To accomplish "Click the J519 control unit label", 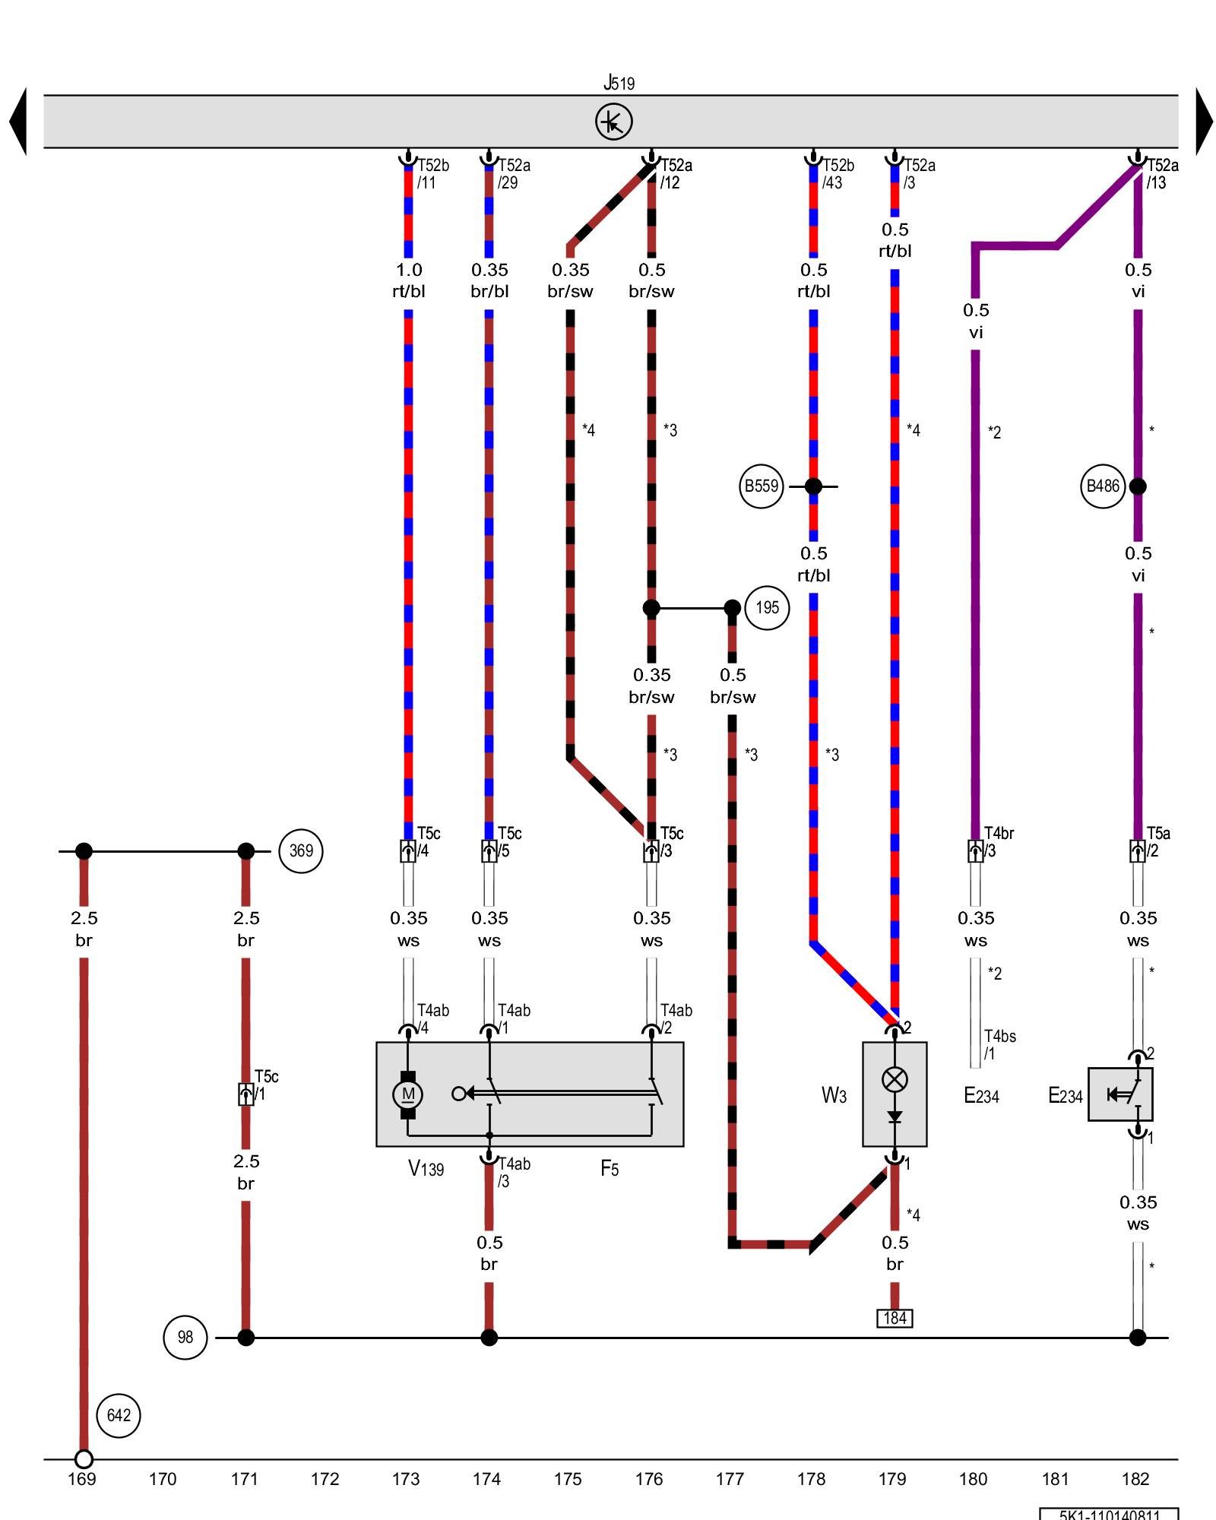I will click(619, 82).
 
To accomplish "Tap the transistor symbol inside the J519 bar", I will click(613, 122).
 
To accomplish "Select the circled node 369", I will click(301, 851).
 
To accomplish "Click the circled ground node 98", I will click(185, 1337).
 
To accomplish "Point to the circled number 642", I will click(119, 1415).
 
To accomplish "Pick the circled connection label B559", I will click(761, 486).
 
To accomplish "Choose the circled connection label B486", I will click(1102, 486).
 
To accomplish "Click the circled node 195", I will click(767, 608).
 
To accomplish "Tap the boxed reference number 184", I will click(895, 1318).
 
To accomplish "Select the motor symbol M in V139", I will click(408, 1094).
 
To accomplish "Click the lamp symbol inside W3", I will click(895, 1079).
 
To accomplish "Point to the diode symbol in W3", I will click(895, 1116).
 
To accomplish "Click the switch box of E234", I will click(1120, 1094).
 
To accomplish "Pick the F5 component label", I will click(610, 1169).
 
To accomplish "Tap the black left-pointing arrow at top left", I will click(18, 122).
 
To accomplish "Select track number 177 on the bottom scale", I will click(730, 1479).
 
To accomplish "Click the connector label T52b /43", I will click(838, 174).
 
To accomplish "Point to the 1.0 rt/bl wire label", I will click(409, 280).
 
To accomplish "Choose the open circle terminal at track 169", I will click(84, 1459).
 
